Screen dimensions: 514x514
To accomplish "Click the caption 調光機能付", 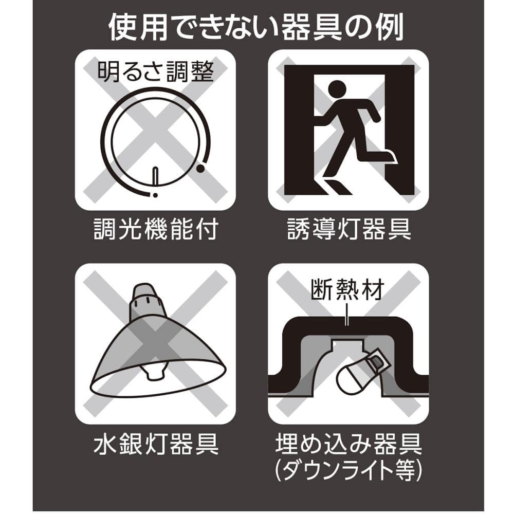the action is (156, 229).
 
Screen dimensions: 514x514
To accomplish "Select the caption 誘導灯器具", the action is (349, 229).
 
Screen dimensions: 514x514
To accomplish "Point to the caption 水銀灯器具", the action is (156, 444).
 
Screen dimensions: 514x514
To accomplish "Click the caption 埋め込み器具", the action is (348, 444).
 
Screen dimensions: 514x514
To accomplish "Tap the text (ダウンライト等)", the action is (348, 470).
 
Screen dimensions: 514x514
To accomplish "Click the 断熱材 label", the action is (347, 290).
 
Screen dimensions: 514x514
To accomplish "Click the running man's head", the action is (337, 89).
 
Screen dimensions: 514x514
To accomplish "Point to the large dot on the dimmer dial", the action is (200, 169).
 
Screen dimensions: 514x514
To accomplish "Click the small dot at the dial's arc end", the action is (155, 195).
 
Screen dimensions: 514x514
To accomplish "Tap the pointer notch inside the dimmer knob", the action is (156, 176).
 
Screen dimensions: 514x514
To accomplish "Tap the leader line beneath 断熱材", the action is (347, 314).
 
